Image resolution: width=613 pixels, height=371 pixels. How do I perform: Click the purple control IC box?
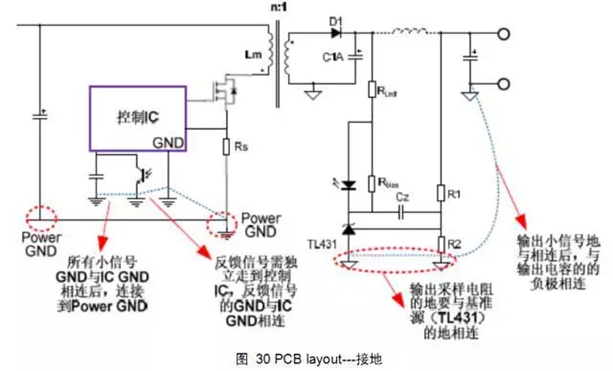[137, 118]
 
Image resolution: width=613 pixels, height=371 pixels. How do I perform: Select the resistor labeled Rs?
[227, 149]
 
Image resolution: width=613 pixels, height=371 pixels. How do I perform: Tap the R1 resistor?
[440, 192]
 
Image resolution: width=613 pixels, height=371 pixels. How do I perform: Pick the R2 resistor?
[440, 243]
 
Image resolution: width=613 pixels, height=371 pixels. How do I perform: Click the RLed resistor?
[371, 90]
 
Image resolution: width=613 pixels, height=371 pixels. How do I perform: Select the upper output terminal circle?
[503, 33]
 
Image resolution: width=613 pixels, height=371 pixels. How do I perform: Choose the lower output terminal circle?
[503, 84]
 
